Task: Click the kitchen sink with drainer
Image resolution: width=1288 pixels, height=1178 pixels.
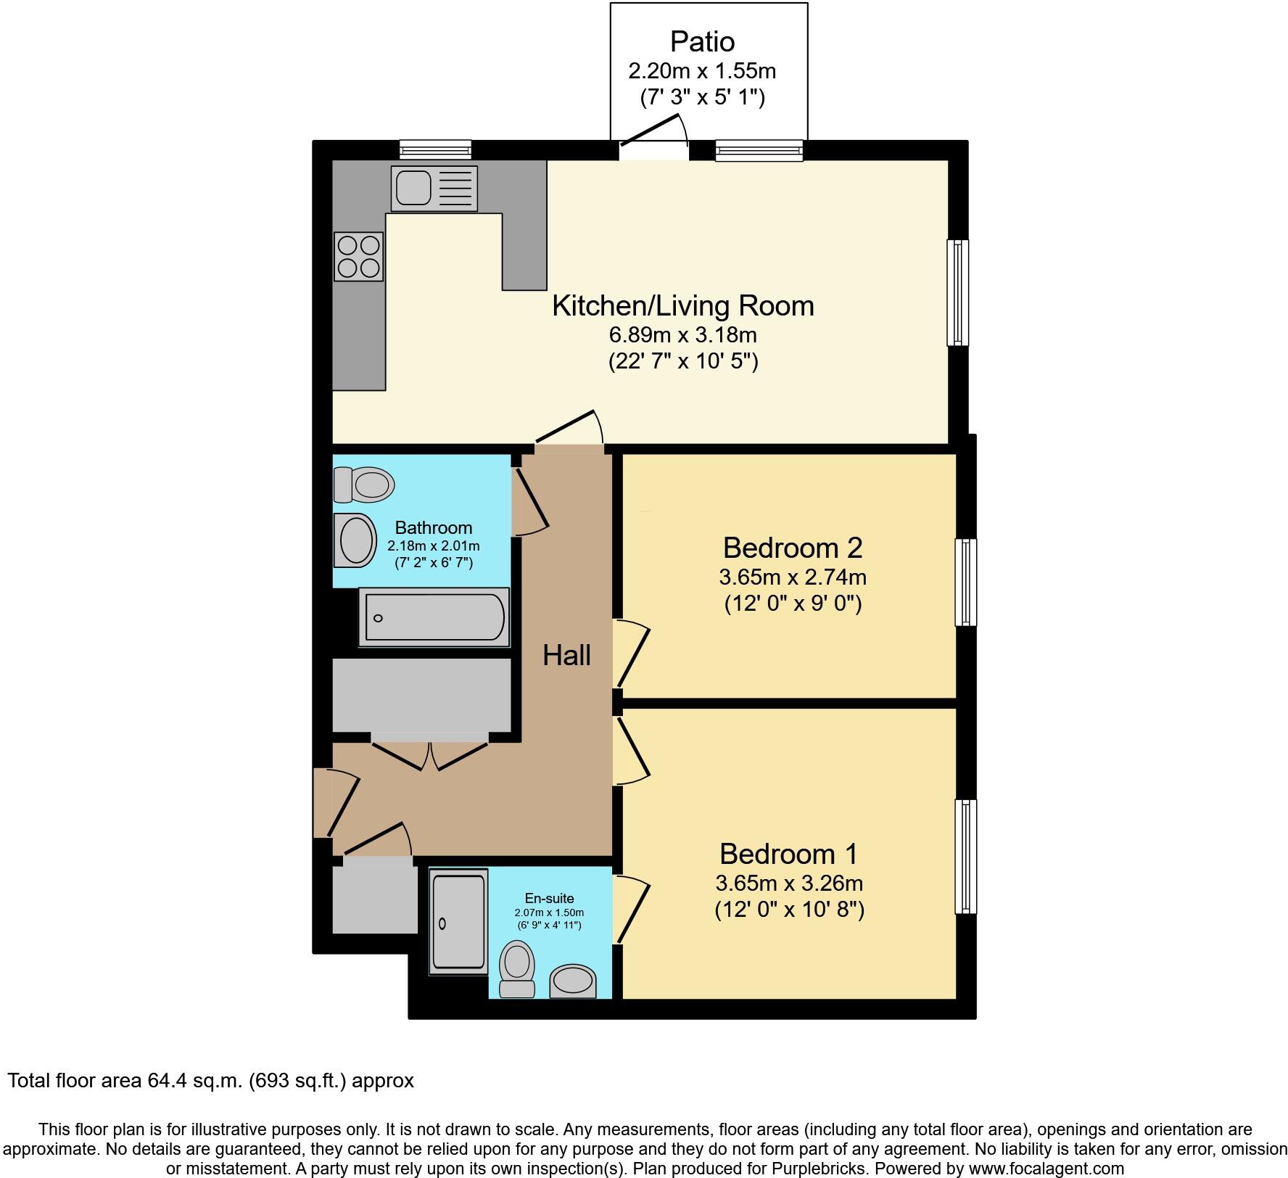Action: (434, 188)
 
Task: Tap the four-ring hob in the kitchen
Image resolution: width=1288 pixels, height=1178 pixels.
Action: (358, 256)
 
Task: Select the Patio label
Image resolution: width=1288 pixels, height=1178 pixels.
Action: (702, 41)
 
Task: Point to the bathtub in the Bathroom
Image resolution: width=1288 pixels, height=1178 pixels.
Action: (434, 617)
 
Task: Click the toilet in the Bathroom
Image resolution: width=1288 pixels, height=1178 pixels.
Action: (364, 484)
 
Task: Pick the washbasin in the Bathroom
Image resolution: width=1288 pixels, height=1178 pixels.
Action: (355, 540)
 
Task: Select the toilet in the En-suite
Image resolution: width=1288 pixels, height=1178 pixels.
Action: (518, 968)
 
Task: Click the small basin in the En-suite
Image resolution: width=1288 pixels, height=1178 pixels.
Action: (573, 984)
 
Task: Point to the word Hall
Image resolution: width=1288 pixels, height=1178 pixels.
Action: (566, 656)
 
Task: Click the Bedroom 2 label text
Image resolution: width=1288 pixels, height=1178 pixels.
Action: (792, 548)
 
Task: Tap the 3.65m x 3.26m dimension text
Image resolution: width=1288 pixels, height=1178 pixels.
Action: (789, 883)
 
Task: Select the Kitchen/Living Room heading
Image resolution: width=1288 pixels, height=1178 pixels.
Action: (682, 305)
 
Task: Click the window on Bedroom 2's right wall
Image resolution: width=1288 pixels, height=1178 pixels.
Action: (965, 582)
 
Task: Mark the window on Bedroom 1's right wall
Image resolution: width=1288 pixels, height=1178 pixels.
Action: (965, 856)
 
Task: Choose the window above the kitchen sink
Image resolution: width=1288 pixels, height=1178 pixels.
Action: (435, 150)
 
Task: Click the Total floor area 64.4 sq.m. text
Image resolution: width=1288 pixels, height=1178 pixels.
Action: (210, 1081)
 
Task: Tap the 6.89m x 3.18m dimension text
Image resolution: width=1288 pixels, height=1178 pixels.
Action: (682, 335)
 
